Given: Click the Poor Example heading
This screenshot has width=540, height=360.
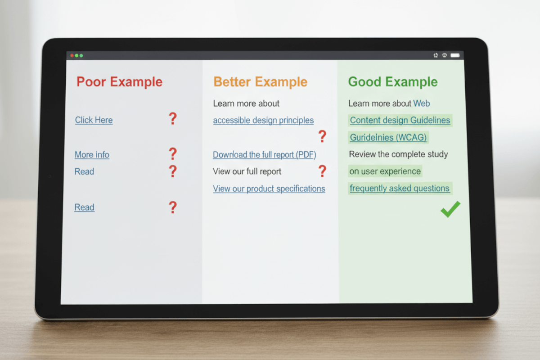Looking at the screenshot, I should (x=119, y=82).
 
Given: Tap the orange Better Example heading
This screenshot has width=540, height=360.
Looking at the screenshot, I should (x=260, y=82).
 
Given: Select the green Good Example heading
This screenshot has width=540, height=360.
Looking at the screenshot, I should (x=392, y=82).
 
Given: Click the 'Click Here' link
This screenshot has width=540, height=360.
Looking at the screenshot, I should (x=94, y=120).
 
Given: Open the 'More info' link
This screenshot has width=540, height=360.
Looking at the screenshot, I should (x=92, y=155).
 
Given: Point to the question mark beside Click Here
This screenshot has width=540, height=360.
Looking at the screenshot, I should (x=172, y=119).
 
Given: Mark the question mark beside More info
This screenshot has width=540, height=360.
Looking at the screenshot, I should (x=172, y=154).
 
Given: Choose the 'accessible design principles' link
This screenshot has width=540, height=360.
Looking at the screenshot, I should (x=263, y=121).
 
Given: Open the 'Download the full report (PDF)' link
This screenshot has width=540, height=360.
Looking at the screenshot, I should (x=264, y=155).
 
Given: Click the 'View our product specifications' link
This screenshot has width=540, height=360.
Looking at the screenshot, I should (x=269, y=189).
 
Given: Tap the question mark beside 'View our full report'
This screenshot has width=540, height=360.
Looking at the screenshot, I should (x=322, y=171).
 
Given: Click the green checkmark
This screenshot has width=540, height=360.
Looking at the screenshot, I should (x=450, y=210).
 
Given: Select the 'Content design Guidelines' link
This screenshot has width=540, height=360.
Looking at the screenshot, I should (x=400, y=120).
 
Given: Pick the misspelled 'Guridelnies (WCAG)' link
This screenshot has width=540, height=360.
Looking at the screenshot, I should (x=388, y=137).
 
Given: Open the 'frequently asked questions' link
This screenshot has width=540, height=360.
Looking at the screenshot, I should (x=399, y=189).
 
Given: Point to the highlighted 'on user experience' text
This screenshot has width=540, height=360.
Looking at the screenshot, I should (x=385, y=171).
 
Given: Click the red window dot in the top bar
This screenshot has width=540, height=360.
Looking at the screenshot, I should (x=72, y=55).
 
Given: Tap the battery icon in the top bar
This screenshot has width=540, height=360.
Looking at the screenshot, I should (x=455, y=55).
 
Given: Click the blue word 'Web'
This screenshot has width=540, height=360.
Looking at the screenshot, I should (x=422, y=103).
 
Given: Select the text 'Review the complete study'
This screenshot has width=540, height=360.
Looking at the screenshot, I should (x=398, y=154).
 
